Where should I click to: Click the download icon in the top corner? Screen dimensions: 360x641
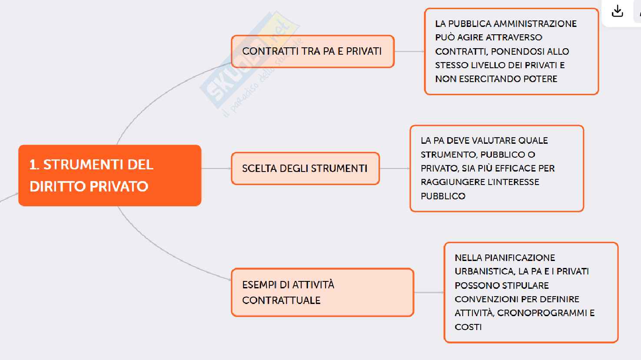tap(617, 12)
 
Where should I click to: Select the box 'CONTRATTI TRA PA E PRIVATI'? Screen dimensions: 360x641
tap(312, 51)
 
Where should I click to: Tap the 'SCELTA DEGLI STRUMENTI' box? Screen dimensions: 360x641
tap(305, 168)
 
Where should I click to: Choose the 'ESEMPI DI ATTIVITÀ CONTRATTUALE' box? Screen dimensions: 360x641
tap(322, 292)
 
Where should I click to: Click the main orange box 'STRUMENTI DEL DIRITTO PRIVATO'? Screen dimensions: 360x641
tap(110, 175)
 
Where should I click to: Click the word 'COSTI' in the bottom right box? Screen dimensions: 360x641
tap(468, 327)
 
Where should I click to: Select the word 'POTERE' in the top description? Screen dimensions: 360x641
tap(541, 79)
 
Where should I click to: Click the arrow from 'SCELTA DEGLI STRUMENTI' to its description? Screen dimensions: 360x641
tap(395, 168)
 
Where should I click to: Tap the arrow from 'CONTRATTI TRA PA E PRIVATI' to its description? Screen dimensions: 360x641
tap(409, 51)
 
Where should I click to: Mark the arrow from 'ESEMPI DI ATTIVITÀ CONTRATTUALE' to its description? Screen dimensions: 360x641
tap(429, 292)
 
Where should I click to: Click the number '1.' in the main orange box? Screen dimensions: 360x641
tap(34, 165)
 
